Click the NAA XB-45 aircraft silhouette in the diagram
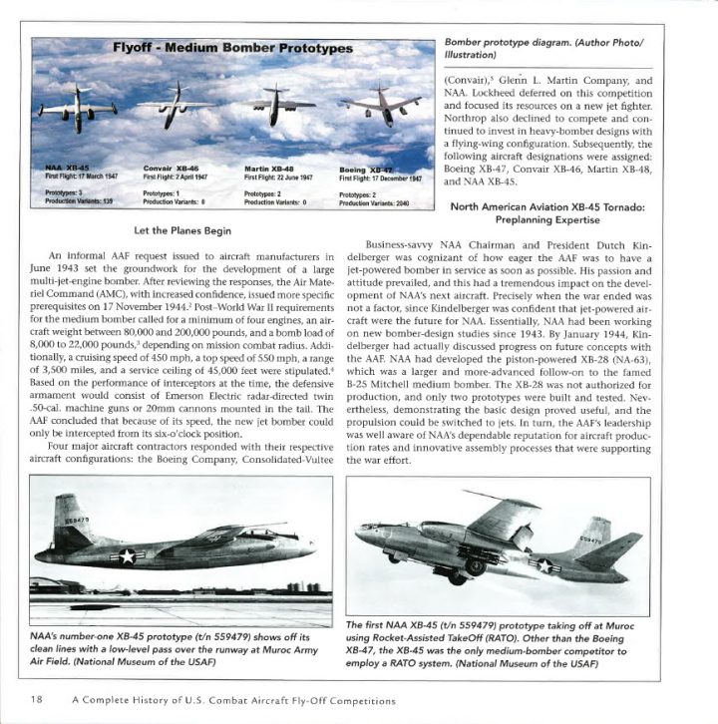tap(70, 107)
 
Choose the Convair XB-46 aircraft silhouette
tap(175, 103)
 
